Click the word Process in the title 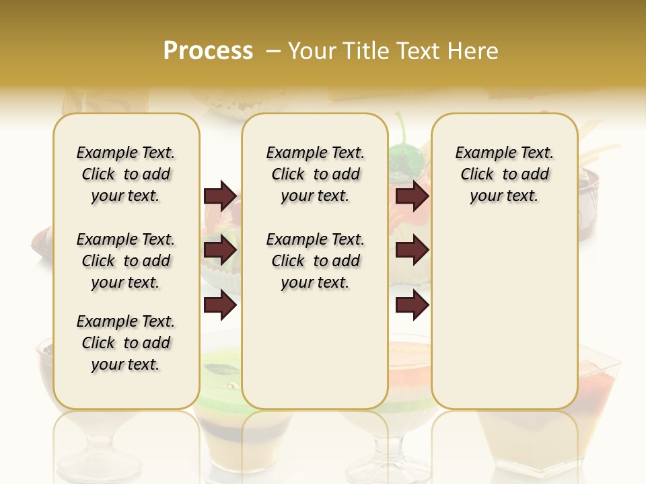(x=208, y=51)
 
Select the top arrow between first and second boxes (x=220, y=196)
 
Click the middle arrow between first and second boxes (x=220, y=251)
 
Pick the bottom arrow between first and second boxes (x=220, y=305)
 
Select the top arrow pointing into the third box (x=412, y=196)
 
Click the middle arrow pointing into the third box (x=412, y=251)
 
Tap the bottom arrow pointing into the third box (x=412, y=305)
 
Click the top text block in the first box (x=126, y=174)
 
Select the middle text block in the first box (x=126, y=261)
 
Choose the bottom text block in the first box (x=126, y=343)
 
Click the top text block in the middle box (x=315, y=174)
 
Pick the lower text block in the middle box (x=315, y=261)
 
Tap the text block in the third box (x=504, y=174)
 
